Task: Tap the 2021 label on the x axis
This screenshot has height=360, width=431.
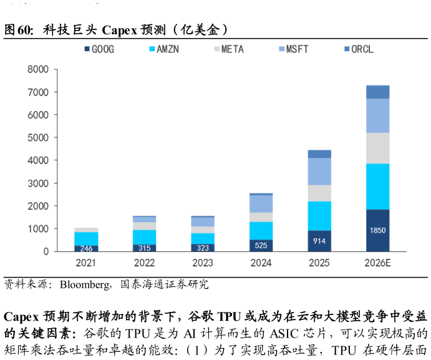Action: [x=86, y=263]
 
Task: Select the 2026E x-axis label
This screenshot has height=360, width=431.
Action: [x=377, y=263]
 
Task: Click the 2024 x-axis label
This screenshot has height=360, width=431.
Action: [x=261, y=263]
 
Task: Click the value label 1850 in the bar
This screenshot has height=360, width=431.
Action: [x=377, y=230]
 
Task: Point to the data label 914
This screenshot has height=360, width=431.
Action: [x=319, y=241]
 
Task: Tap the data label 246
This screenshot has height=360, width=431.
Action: [x=86, y=248]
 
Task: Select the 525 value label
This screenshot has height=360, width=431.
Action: [x=261, y=245]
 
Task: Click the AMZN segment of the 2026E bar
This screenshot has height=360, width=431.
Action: [x=377, y=187]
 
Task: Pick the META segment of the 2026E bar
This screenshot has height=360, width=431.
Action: [x=377, y=148]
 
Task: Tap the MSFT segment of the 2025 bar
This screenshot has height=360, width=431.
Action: [x=319, y=172]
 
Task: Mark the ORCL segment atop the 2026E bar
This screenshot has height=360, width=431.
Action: [x=377, y=92]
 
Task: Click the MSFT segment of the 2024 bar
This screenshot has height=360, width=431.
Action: [x=261, y=204]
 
